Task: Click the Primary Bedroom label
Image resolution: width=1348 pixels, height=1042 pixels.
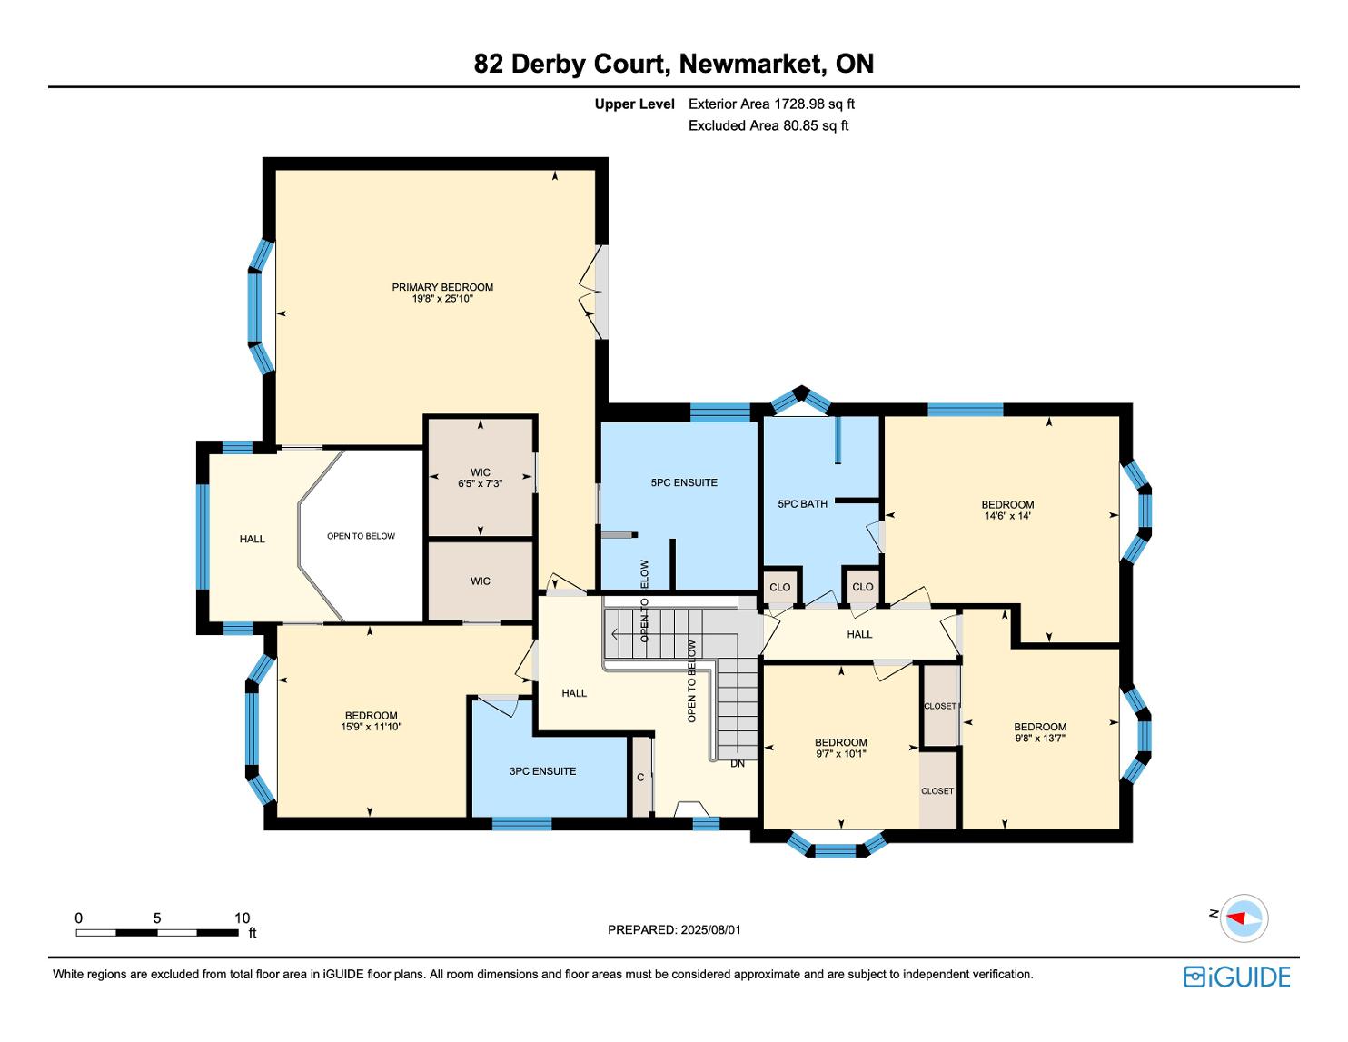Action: (x=442, y=287)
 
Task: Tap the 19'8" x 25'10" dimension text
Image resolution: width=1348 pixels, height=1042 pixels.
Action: (x=442, y=298)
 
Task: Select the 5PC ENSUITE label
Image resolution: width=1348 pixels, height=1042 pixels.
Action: (x=684, y=482)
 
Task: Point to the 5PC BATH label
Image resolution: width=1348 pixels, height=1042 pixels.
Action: (x=802, y=504)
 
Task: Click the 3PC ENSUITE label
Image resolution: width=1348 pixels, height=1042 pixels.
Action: (x=542, y=771)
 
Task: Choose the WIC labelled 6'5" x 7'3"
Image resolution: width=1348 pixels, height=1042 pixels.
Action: (x=480, y=478)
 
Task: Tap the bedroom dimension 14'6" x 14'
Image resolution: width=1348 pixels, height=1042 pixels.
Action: (x=1006, y=515)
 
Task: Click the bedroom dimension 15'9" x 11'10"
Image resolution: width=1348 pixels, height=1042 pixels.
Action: (x=371, y=726)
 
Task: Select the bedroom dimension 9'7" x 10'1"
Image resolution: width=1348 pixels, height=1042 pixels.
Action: (x=840, y=754)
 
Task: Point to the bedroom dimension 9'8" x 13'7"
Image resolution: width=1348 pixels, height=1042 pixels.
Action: (x=1040, y=738)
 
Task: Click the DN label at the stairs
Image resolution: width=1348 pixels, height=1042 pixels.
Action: (x=737, y=763)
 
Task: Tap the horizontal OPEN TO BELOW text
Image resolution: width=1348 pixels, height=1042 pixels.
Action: (x=361, y=536)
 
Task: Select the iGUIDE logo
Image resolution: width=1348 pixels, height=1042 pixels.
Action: (x=1236, y=977)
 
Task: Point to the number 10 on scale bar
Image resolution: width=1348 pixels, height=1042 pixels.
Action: (x=242, y=918)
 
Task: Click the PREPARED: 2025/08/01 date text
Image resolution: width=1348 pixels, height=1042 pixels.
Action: (x=674, y=929)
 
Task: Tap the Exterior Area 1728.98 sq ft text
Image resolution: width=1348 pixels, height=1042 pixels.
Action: (x=771, y=104)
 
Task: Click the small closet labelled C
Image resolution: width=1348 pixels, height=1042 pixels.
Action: (x=640, y=777)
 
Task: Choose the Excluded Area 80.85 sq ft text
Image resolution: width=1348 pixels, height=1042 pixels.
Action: (x=768, y=126)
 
